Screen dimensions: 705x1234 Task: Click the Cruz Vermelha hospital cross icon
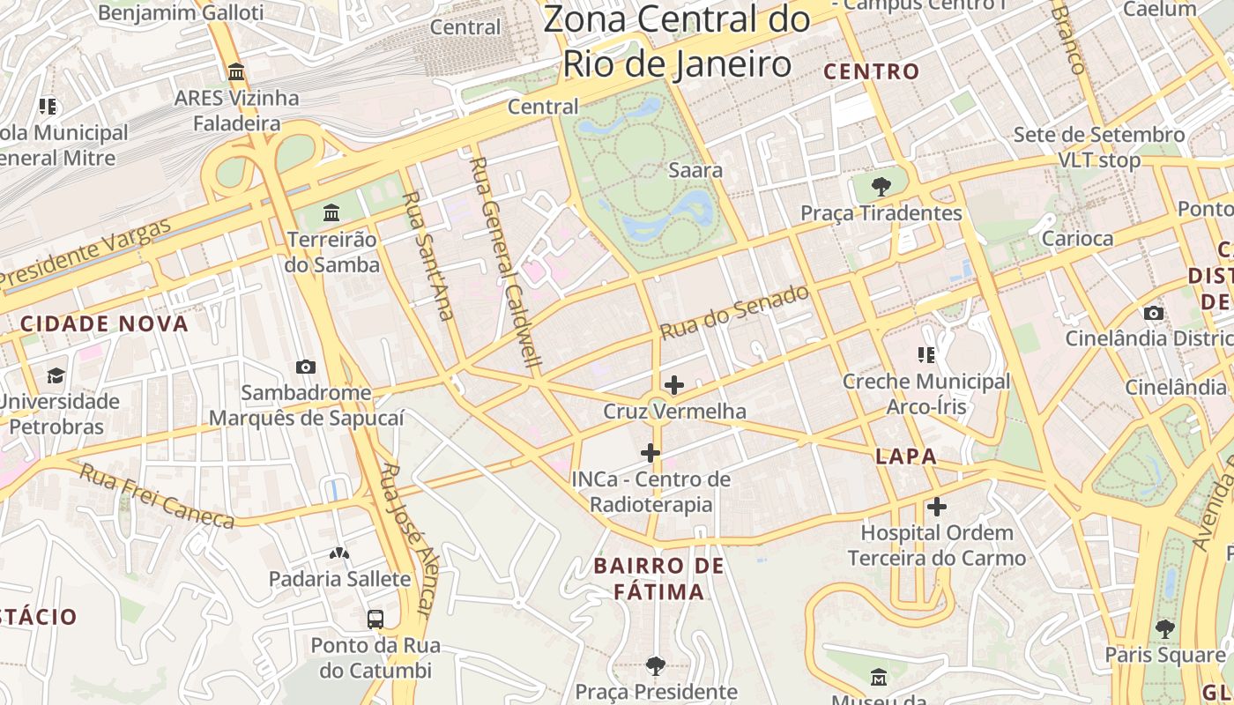[x=674, y=385]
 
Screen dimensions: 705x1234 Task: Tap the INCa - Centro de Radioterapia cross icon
[x=650, y=453]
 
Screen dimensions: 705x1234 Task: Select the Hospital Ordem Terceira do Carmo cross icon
[x=937, y=507]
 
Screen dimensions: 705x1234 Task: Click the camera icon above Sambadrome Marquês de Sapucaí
[x=306, y=367]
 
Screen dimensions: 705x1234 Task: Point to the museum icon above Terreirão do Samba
[x=331, y=212]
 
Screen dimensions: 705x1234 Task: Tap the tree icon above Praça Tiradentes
[x=880, y=186]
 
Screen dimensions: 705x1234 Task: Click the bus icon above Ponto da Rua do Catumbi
[x=375, y=619]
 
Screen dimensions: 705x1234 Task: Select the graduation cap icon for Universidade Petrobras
[x=56, y=375]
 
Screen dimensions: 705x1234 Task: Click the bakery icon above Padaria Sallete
[x=339, y=553]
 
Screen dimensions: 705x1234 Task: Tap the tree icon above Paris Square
[x=1165, y=628]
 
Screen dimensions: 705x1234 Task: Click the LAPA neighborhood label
[x=906, y=456]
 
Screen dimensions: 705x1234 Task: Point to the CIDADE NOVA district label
[x=105, y=323]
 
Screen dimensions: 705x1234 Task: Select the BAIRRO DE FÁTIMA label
[x=658, y=578]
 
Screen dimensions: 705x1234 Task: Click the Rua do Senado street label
[x=734, y=312]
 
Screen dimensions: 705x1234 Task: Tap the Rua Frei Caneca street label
[x=158, y=496]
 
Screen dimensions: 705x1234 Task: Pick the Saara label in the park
[x=695, y=170]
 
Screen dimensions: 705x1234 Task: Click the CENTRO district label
[x=871, y=71]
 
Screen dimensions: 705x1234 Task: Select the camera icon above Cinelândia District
[x=1153, y=313]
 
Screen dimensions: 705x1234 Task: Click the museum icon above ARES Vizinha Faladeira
[x=236, y=71]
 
